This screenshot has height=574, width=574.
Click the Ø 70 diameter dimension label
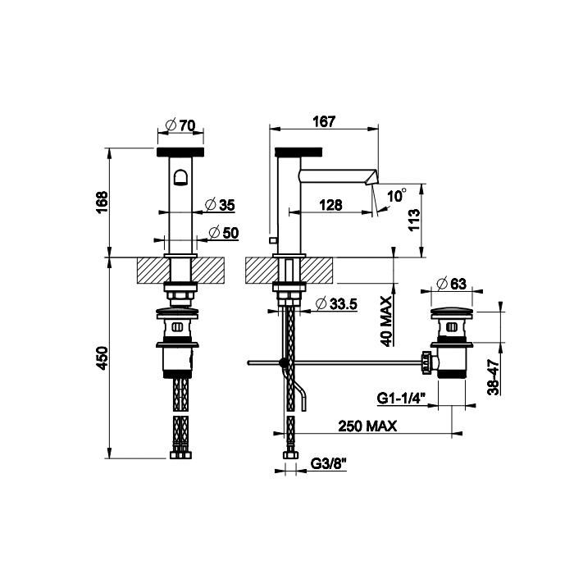point(180,125)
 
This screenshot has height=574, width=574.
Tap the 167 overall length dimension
point(324,121)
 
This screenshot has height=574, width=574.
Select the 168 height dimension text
point(102,202)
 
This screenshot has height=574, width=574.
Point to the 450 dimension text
point(102,358)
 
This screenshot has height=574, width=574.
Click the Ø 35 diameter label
point(220,205)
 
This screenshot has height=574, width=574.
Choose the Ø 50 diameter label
point(224,232)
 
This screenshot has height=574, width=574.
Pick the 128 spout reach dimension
point(330,205)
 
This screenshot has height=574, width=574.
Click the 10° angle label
point(397,195)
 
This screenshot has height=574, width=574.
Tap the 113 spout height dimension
point(414,219)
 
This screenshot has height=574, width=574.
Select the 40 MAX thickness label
point(386,321)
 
